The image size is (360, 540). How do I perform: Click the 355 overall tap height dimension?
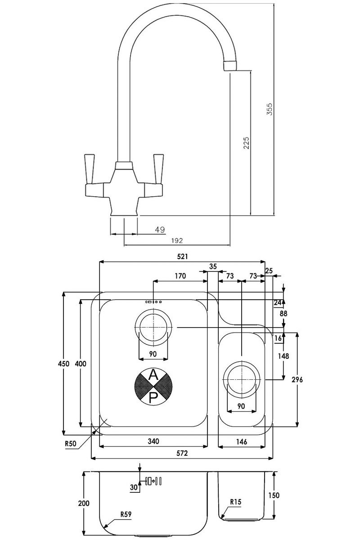click(x=270, y=109)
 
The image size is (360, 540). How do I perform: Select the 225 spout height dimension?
click(x=246, y=143)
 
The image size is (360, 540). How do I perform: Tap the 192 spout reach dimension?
click(x=177, y=240)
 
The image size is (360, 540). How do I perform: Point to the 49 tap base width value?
click(x=160, y=230)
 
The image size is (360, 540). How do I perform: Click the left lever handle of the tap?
click(x=90, y=169)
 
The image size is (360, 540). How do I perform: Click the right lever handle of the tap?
click(x=158, y=169)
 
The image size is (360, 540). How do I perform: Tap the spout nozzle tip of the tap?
click(x=230, y=66)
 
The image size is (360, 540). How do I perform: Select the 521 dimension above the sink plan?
click(x=182, y=256)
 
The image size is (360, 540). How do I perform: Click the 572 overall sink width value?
click(x=182, y=453)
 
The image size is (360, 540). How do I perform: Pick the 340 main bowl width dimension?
click(x=153, y=441)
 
